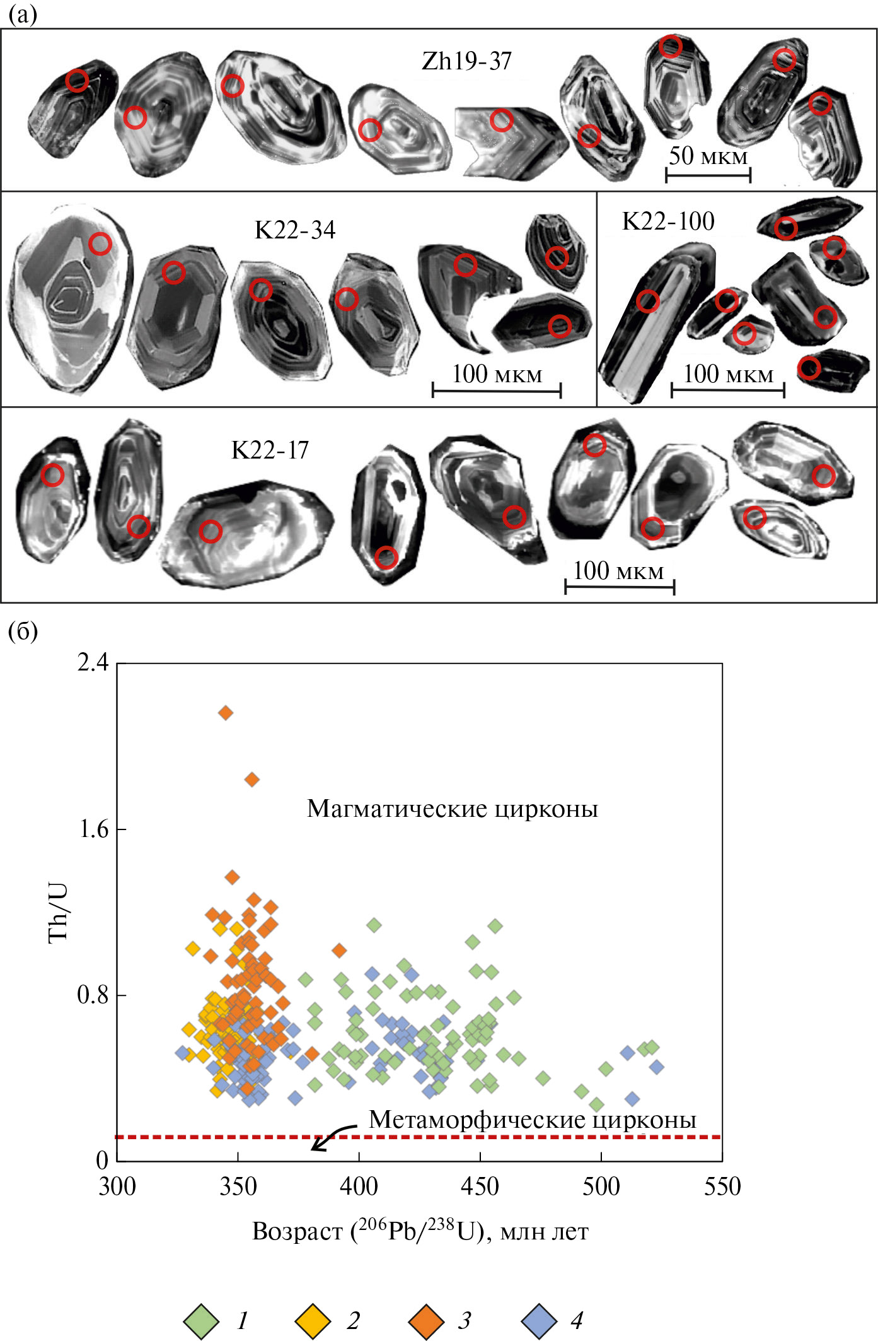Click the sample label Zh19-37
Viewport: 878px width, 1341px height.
pyautogui.click(x=466, y=62)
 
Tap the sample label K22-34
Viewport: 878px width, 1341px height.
pyautogui.click(x=295, y=230)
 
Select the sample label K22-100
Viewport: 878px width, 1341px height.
pyautogui.click(x=668, y=221)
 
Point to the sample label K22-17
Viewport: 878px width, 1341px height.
pyautogui.click(x=270, y=450)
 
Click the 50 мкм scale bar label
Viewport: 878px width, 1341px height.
pyautogui.click(x=708, y=156)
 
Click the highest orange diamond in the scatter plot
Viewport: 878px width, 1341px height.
pyautogui.click(x=226, y=713)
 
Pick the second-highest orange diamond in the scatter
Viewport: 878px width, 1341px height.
pyautogui.click(x=252, y=780)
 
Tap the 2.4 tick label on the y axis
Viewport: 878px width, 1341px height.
pyautogui.click(x=93, y=662)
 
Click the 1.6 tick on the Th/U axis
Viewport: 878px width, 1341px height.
pyautogui.click(x=93, y=829)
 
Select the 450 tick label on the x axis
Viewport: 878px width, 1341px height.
pyautogui.click(x=480, y=1187)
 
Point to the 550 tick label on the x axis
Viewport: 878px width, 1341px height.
pyautogui.click(x=722, y=1187)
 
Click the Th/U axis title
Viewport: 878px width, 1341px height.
pyautogui.click(x=58, y=912)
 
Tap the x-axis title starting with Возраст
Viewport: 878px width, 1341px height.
pyautogui.click(x=420, y=1231)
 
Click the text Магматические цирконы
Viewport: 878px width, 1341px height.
pyautogui.click(x=452, y=809)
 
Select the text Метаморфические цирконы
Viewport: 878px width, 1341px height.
pyautogui.click(x=532, y=1120)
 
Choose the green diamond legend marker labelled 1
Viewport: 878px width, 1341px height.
pyautogui.click(x=201, y=1320)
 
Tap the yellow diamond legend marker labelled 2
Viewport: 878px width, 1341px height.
pyautogui.click(x=313, y=1320)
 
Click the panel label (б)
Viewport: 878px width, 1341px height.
pyautogui.click(x=23, y=631)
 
